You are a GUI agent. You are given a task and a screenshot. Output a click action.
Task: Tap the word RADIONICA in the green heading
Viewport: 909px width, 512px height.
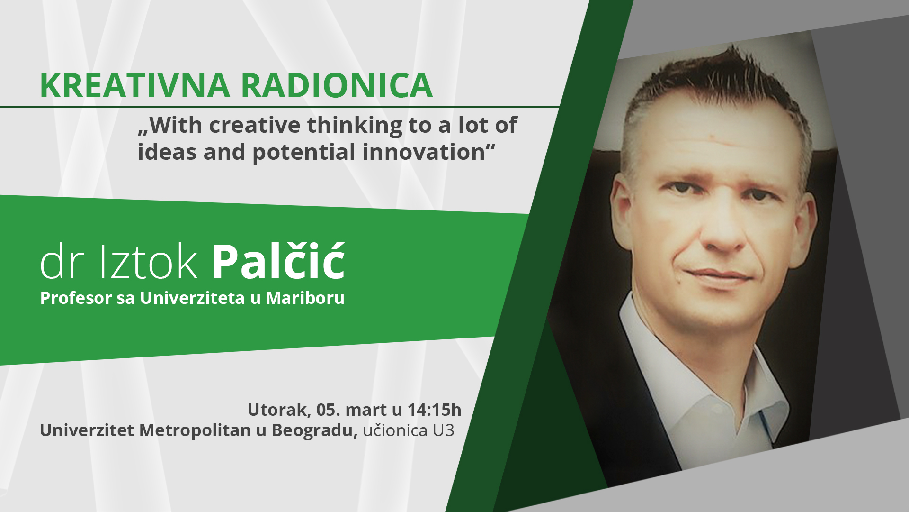pos(337,85)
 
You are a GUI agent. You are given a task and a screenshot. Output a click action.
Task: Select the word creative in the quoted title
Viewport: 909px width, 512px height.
pos(255,125)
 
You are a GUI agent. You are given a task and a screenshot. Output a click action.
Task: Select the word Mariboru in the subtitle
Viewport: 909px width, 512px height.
pos(305,298)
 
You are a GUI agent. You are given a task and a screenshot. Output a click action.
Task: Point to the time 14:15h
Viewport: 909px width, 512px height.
pos(434,410)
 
